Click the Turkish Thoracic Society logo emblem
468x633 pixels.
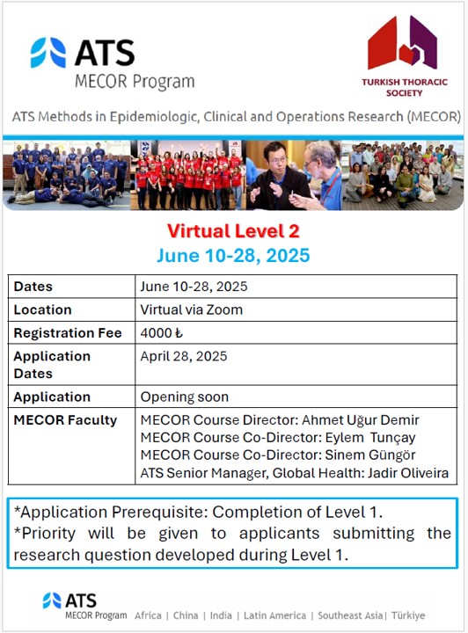click(402, 43)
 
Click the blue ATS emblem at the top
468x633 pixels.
click(48, 53)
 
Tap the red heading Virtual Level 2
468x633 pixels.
click(233, 231)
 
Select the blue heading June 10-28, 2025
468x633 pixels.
click(233, 257)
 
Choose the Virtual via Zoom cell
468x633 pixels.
click(191, 309)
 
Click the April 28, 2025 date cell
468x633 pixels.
click(183, 356)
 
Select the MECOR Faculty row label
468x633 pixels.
click(65, 420)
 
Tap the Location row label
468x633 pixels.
click(42, 309)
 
